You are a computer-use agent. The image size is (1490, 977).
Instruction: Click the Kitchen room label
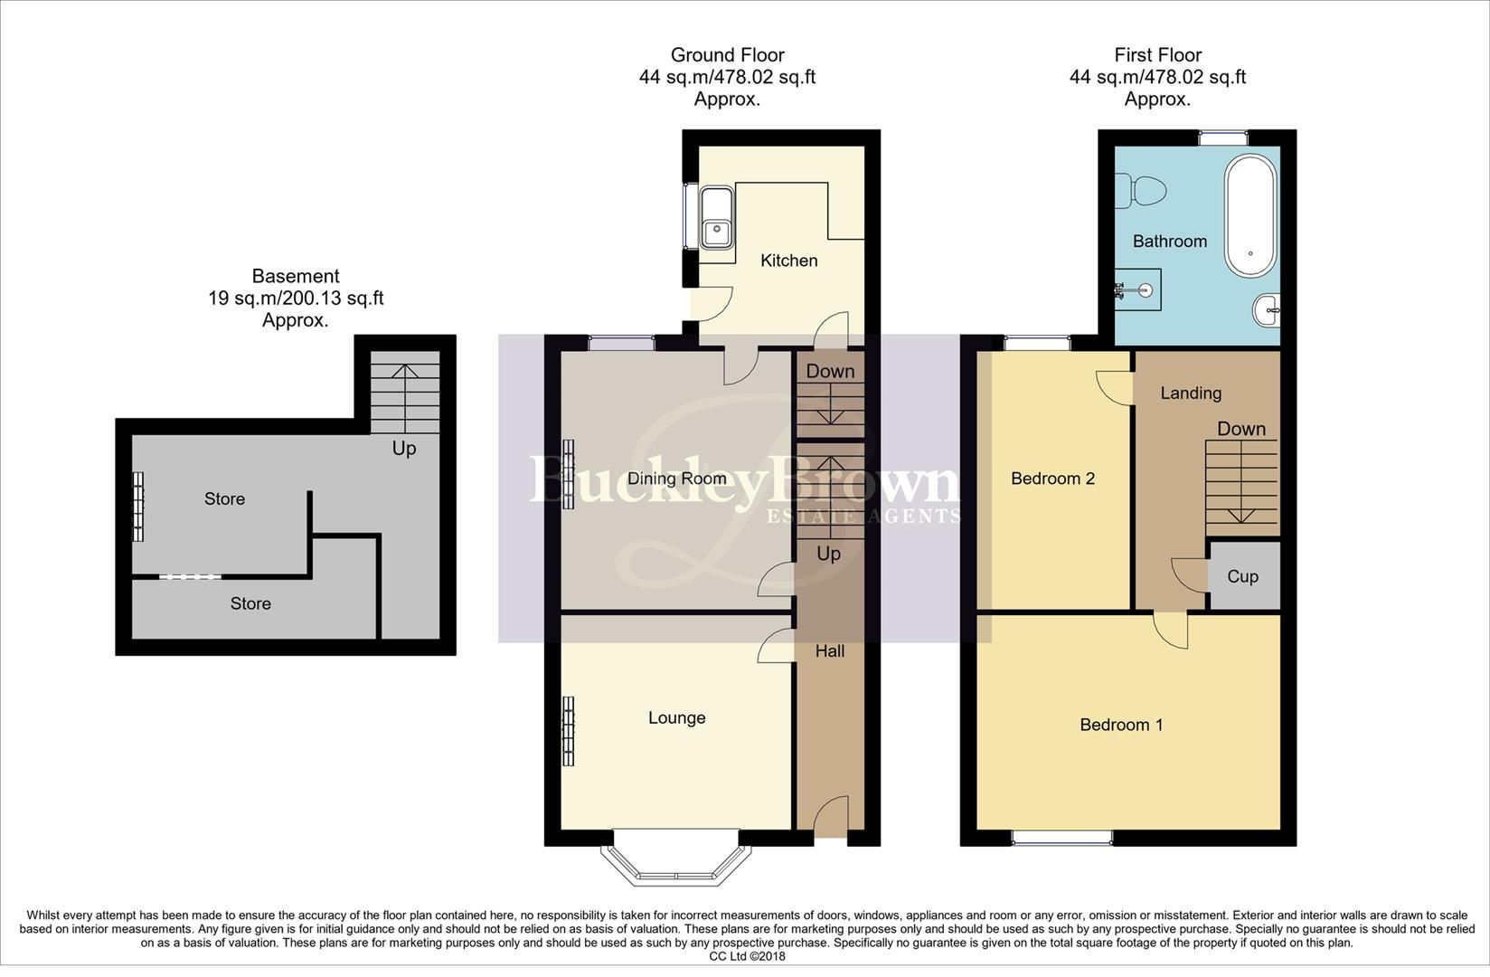(788, 261)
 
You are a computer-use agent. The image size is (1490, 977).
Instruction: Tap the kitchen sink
(719, 217)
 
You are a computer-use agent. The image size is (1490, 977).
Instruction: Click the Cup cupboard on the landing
(1243, 576)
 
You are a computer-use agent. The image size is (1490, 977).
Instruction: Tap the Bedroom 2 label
(1052, 479)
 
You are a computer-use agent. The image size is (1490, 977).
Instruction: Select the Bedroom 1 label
(1121, 725)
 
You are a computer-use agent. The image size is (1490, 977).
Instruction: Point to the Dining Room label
(676, 479)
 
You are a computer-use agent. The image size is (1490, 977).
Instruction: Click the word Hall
(829, 650)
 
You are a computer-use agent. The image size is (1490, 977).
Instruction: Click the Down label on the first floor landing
(1240, 429)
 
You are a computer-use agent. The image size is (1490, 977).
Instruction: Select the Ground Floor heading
(727, 56)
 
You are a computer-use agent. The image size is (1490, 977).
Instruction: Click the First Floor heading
(1157, 56)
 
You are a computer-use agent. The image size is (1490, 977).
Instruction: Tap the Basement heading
(296, 277)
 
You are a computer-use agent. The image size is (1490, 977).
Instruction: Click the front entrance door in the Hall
(830, 819)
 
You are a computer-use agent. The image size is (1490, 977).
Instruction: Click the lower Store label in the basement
(250, 603)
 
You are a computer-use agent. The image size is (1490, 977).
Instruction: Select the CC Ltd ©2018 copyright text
(747, 956)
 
